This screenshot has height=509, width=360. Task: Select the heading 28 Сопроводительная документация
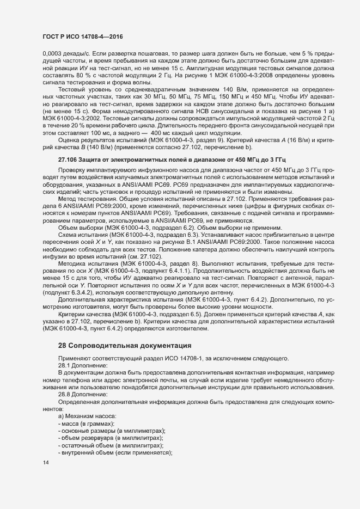coord(125,345)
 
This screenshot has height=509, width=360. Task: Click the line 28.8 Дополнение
coord(83,394)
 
